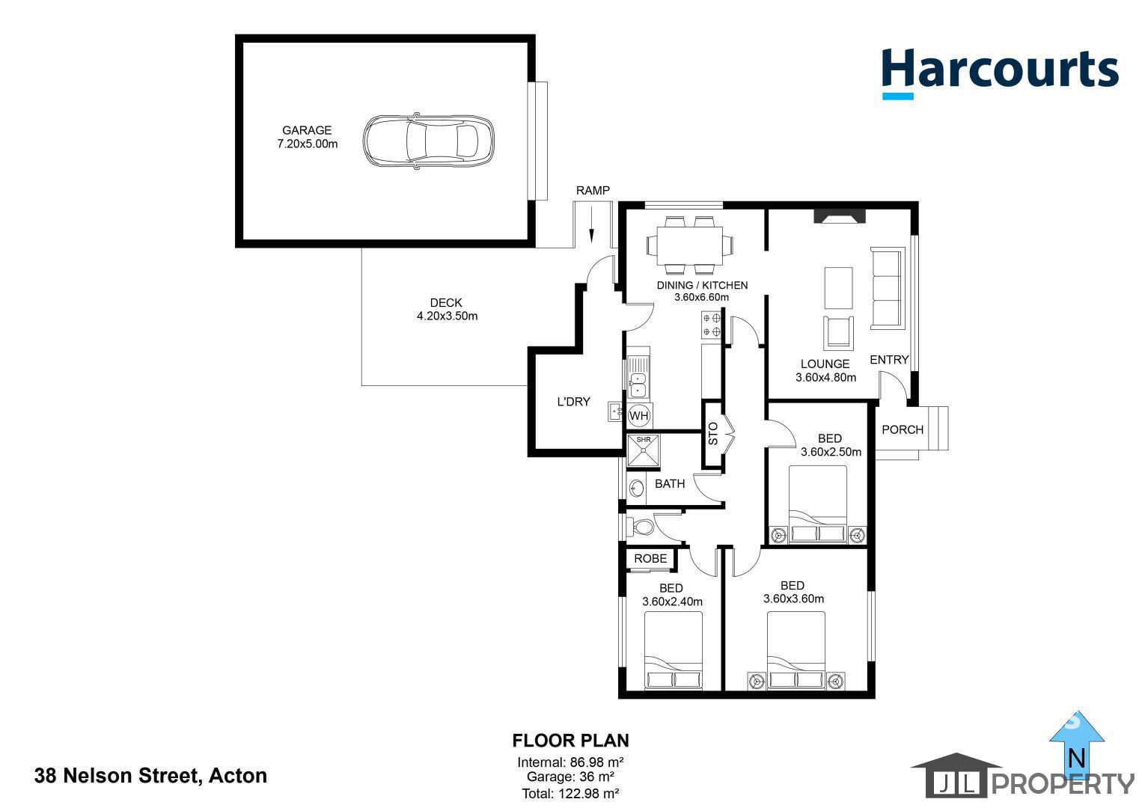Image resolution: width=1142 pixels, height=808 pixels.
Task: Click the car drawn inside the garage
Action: point(428,140)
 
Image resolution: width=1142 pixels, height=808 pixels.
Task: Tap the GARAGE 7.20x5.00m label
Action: point(308,137)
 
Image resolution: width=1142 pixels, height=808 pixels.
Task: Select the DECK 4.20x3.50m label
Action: point(447,310)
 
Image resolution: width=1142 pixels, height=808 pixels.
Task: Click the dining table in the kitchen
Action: point(690,245)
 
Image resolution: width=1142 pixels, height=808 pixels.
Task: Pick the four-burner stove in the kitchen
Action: point(712,325)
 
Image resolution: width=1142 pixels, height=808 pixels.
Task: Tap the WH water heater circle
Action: point(639,415)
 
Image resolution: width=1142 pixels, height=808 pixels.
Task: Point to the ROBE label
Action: point(650,559)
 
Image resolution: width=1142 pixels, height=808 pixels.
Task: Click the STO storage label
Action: point(713,433)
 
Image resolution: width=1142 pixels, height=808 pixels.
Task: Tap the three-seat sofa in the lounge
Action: point(888,289)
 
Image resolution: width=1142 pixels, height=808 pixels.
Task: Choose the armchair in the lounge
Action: point(839,332)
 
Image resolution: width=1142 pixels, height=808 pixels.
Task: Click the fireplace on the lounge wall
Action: point(840,216)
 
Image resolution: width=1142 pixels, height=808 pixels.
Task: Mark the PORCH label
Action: point(903,429)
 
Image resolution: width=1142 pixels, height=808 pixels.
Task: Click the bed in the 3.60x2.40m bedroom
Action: point(674,651)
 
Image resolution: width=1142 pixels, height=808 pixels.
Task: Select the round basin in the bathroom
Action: point(637,488)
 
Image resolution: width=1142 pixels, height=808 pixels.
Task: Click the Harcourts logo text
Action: point(1000,70)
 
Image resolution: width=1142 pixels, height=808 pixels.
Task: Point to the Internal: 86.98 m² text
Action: point(570,762)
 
